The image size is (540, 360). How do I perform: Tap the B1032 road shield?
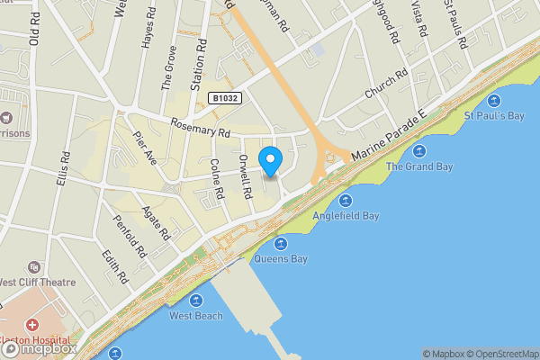click(x=226, y=98)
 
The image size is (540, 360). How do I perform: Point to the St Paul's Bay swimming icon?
click(x=493, y=100)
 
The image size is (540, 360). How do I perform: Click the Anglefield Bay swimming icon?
click(x=346, y=200)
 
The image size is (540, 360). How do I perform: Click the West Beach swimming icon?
click(x=196, y=301)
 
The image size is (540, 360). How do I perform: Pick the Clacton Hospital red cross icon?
click(x=32, y=324)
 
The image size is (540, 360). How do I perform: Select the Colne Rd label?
click(x=216, y=179)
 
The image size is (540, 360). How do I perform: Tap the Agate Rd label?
click(x=157, y=221)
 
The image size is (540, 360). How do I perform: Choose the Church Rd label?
click(x=386, y=84)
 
